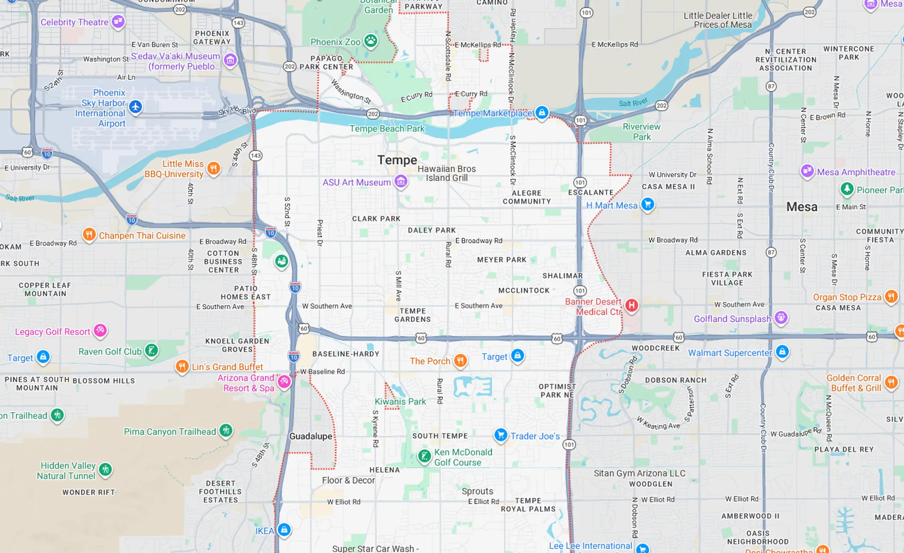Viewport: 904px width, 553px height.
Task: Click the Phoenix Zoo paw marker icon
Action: [371, 40]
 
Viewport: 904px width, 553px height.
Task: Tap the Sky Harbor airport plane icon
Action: [136, 107]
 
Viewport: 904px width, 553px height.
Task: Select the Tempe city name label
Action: [397, 160]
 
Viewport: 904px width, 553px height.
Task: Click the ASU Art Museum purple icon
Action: [401, 181]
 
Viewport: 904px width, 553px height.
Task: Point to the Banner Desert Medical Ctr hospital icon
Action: [631, 305]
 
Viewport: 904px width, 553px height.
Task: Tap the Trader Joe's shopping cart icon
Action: [500, 435]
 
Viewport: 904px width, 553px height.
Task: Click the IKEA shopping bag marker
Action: [284, 529]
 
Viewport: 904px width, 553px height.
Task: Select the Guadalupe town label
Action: [311, 436]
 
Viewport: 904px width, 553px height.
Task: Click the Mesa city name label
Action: [801, 207]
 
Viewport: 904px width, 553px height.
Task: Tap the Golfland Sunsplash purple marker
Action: [781, 317]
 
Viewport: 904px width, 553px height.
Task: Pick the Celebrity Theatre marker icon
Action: [118, 21]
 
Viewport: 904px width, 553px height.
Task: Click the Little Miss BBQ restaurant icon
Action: [213, 168]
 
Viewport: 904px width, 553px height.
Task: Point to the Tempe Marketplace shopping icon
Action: [542, 112]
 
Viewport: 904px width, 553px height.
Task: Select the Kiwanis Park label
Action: [400, 401]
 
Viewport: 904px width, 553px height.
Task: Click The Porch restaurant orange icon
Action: [460, 360]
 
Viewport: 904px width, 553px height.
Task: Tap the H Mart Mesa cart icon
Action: [647, 204]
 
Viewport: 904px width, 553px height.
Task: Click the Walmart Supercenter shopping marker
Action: [782, 351]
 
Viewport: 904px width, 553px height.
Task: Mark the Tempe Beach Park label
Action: [387, 128]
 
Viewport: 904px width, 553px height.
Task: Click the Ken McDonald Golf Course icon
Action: [424, 456]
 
